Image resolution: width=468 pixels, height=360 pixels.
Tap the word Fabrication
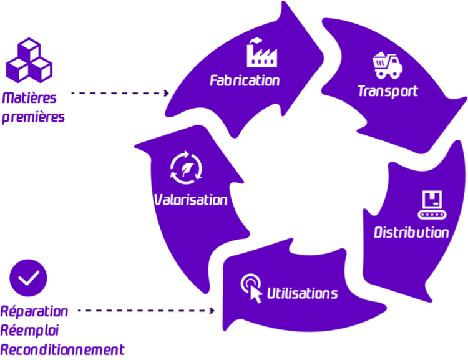tap(245, 80)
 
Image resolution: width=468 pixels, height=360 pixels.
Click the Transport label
tap(388, 91)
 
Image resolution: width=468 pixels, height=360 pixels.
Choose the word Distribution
tap(411, 233)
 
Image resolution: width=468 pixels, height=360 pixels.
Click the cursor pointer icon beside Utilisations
tap(252, 288)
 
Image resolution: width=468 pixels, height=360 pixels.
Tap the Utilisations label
tap(303, 293)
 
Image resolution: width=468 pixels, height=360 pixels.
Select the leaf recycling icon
tap(187, 168)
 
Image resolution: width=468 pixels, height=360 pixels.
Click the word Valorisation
tap(190, 200)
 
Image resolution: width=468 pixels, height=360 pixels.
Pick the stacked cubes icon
tap(29, 61)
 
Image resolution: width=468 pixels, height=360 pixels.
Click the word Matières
tap(29, 99)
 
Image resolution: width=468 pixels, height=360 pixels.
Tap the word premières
tap(33, 117)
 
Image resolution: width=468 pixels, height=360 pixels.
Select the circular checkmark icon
tap(29, 278)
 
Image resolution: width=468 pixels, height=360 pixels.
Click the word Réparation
tap(34, 311)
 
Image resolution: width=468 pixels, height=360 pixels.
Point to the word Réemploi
tap(31, 330)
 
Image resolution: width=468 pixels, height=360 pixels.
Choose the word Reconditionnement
tap(62, 349)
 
